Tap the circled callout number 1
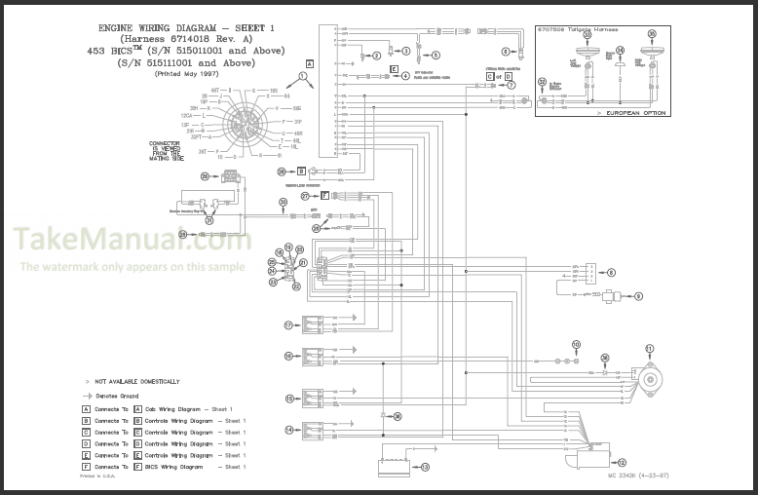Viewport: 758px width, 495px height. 303,76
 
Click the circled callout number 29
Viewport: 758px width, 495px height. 206,176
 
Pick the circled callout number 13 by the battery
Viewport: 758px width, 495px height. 425,468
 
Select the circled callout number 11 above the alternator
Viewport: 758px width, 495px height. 650,348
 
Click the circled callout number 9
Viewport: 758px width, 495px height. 639,295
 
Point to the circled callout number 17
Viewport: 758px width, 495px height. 288,324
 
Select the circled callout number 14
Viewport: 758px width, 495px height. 288,429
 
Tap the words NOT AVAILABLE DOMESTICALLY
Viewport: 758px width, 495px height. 137,381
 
